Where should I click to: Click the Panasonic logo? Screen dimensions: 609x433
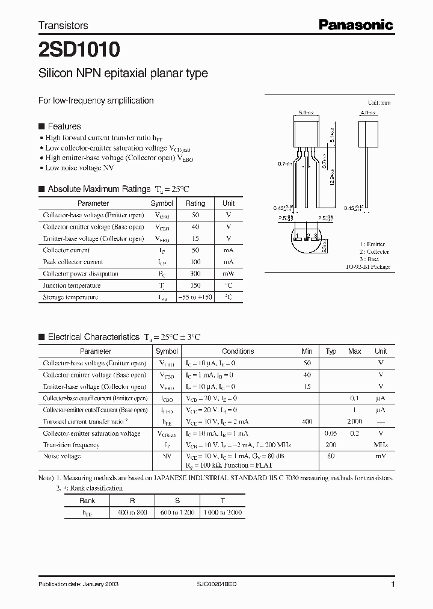tap(355, 25)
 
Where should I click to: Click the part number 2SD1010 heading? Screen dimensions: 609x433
tap(79, 48)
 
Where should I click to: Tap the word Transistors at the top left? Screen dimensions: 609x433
tap(63, 25)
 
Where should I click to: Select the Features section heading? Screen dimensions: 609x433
tap(64, 126)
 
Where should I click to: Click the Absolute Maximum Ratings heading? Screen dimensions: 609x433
tap(99, 189)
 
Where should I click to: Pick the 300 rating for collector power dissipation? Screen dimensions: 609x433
tap(195, 274)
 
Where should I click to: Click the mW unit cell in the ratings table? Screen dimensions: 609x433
tap(229, 274)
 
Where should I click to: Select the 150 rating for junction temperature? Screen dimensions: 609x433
tap(195, 285)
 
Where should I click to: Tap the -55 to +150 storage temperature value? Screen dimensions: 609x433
tap(195, 297)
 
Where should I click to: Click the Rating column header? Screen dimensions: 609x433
tap(195, 203)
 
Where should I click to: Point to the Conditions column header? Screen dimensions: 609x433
tap(238, 351)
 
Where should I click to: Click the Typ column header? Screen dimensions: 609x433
tap(331, 351)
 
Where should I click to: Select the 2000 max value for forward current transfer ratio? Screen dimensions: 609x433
tap(355, 422)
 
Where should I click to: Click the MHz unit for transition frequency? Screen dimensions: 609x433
tap(381, 445)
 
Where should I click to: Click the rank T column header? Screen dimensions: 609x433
tap(223, 500)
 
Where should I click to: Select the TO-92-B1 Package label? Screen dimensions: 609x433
tap(368, 267)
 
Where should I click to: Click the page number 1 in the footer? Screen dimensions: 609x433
tap(393, 584)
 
